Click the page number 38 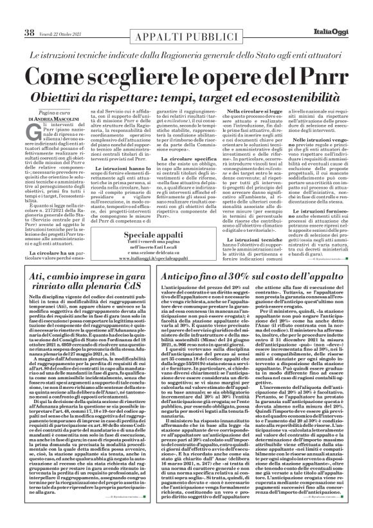[x=28, y=14]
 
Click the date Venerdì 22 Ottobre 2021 [x=60, y=15]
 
